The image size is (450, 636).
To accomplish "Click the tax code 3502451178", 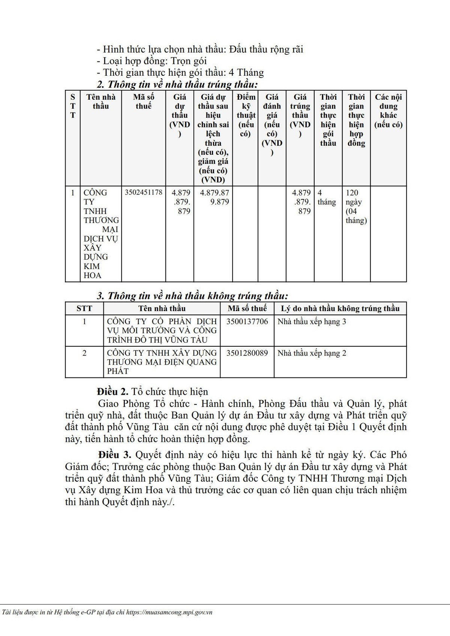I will click(x=144, y=193).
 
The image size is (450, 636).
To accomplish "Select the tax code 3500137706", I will click(x=247, y=322).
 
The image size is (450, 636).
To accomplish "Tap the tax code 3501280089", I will click(x=247, y=353).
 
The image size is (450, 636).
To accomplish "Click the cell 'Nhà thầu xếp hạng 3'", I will click(x=312, y=322).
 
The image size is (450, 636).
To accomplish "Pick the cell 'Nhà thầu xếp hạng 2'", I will click(x=312, y=353).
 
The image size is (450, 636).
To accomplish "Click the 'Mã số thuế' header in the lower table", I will click(x=247, y=308).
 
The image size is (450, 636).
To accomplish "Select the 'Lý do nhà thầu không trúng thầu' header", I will click(x=340, y=308).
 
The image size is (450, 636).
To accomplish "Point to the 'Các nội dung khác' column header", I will click(x=388, y=111).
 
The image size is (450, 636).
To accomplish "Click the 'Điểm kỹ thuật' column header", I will click(x=246, y=115).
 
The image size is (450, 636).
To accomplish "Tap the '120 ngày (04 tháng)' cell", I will click(x=356, y=206).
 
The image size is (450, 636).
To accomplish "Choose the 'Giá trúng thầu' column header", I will click(x=300, y=115).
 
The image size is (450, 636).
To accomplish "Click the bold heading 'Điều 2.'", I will click(x=112, y=392).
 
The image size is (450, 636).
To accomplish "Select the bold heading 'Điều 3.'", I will click(x=115, y=455).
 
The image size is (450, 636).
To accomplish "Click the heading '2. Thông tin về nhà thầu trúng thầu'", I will click(x=177, y=84).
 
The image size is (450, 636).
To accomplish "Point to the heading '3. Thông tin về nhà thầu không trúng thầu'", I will click(x=192, y=296).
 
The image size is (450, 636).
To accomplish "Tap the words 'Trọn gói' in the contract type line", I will click(x=189, y=61).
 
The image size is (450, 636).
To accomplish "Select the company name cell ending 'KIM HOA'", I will click(x=100, y=234).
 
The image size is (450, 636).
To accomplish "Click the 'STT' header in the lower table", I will click(x=84, y=308).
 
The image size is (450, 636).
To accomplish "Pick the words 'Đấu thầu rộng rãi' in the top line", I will click(x=266, y=49).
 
